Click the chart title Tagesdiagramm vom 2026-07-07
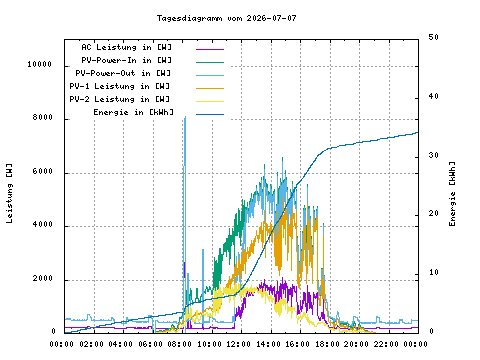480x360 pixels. (x=226, y=18)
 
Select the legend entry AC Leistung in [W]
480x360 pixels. (x=127, y=47)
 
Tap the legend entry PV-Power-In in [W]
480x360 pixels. (x=127, y=60)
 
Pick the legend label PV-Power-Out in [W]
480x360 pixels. (x=123, y=73)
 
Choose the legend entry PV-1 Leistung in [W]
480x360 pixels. (x=120, y=86)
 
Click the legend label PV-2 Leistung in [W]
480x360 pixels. (x=120, y=99)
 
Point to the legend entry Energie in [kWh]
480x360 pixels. (x=134, y=112)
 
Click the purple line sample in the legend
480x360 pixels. (x=210, y=49)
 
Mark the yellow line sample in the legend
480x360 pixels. (x=210, y=101)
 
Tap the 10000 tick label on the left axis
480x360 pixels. (x=40, y=64)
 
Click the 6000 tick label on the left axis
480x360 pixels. (x=43, y=171)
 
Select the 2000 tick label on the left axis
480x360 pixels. (x=43, y=278)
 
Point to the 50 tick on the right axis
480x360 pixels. (x=433, y=37)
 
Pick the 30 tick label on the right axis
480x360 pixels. (x=433, y=155)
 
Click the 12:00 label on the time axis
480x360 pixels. (x=239, y=344)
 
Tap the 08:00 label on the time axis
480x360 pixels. (x=180, y=344)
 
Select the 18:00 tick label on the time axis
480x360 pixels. (x=327, y=344)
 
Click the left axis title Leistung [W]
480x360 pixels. (x=9, y=193)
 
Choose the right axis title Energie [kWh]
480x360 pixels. (x=452, y=194)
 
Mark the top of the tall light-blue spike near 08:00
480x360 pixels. (x=185, y=117)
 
